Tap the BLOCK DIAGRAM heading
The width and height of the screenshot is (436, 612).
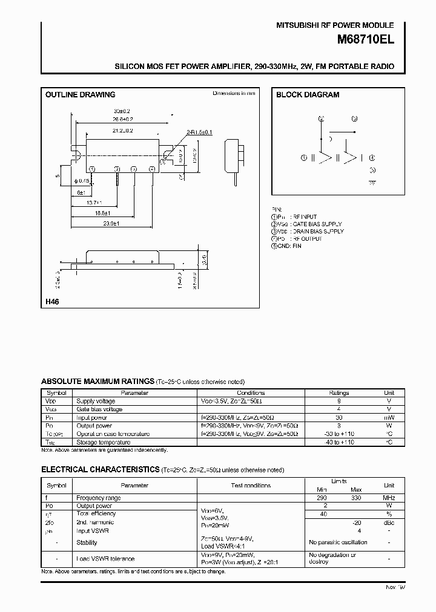(x=308, y=95)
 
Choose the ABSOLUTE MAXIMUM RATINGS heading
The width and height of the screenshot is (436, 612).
(x=97, y=382)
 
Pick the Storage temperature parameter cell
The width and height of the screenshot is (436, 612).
(x=104, y=442)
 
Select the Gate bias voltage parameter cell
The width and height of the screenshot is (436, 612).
(x=99, y=409)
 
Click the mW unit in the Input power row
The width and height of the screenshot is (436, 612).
(x=389, y=417)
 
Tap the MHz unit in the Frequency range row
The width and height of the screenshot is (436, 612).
(x=389, y=498)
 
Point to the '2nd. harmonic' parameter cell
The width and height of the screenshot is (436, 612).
(x=95, y=522)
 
